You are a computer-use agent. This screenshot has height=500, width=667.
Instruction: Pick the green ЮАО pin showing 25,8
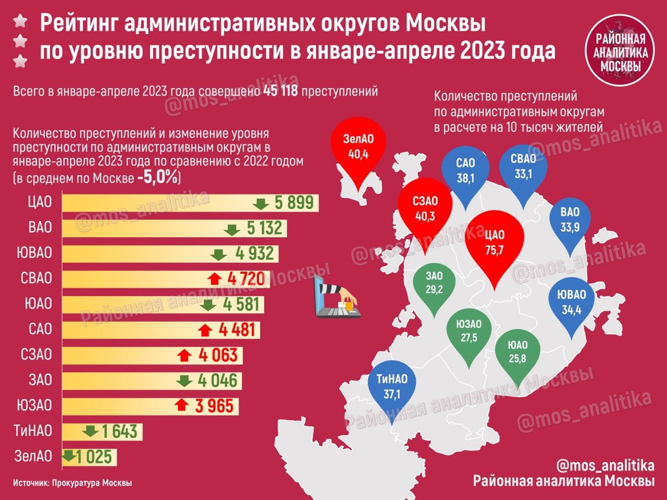tap(516, 353)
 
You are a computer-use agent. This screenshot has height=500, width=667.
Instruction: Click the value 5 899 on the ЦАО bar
tap(294, 203)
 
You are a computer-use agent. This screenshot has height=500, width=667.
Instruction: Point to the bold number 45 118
tap(277, 91)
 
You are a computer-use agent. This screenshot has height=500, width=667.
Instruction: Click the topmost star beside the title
tap(21, 22)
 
